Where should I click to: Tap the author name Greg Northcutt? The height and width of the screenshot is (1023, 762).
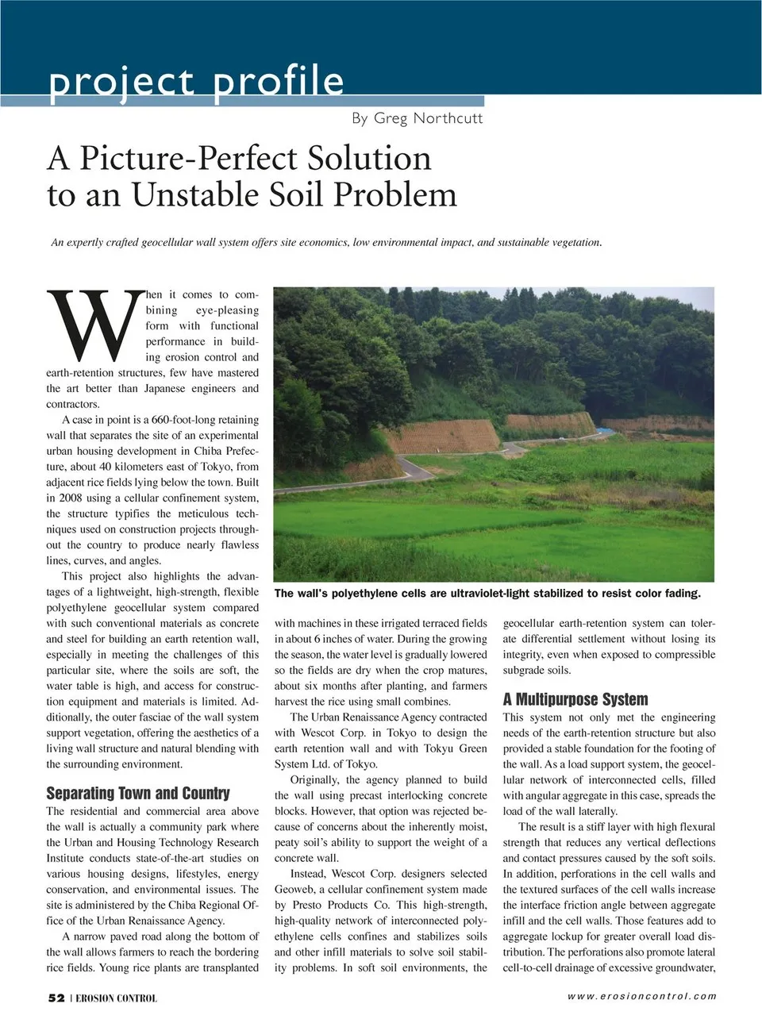pos(417,118)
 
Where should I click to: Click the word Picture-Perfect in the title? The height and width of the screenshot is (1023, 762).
pos(255,158)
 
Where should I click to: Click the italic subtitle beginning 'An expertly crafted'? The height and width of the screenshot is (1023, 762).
pos(326,242)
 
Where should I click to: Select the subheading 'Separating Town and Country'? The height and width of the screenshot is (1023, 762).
pos(138,793)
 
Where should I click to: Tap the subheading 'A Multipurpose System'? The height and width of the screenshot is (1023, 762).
pos(575,699)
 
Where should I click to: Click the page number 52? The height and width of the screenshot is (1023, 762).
pos(56,998)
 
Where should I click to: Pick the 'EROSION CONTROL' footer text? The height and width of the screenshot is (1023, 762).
pos(117,998)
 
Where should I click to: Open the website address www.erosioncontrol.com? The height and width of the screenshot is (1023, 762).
pos(641,996)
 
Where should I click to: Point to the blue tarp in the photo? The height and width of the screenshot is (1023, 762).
pos(605,430)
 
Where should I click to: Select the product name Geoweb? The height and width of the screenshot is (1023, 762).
pos(295,890)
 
